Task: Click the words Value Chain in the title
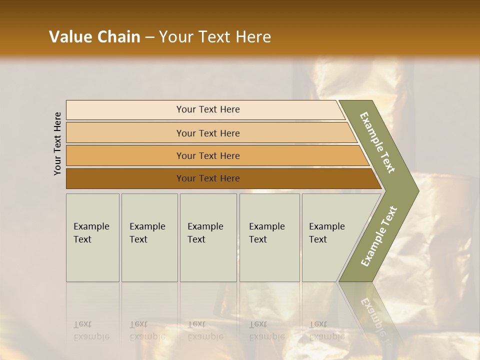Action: click(x=94, y=37)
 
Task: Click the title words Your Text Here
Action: click(x=215, y=37)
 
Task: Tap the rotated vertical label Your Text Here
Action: click(x=57, y=143)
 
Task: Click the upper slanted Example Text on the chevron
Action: click(x=377, y=142)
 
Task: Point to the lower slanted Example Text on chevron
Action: click(x=379, y=236)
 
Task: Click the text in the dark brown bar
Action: click(x=208, y=178)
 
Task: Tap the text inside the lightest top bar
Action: click(x=208, y=109)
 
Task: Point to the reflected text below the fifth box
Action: click(x=327, y=330)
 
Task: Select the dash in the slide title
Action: click(x=149, y=37)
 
